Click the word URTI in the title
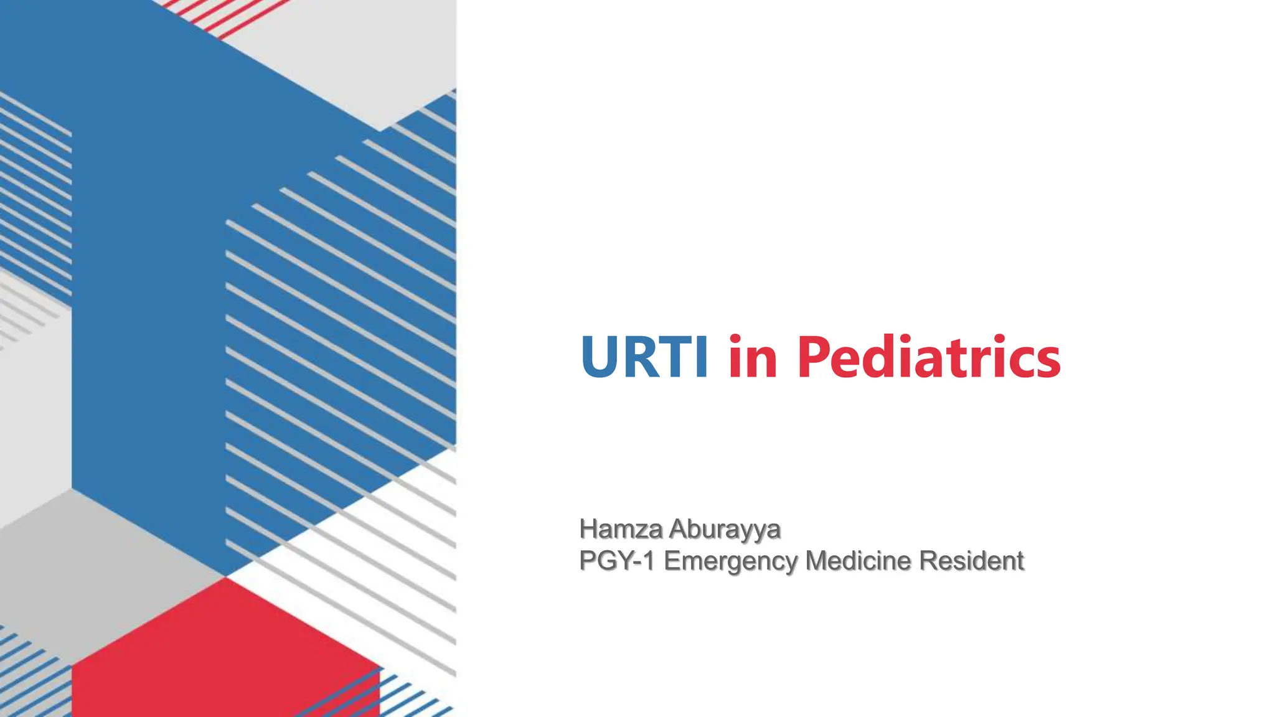(x=644, y=357)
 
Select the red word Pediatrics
(x=928, y=357)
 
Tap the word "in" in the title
(x=753, y=357)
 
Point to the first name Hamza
(x=621, y=529)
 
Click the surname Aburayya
(x=724, y=529)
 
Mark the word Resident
(x=971, y=561)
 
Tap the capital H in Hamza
(x=588, y=529)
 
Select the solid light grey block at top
(x=361, y=56)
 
